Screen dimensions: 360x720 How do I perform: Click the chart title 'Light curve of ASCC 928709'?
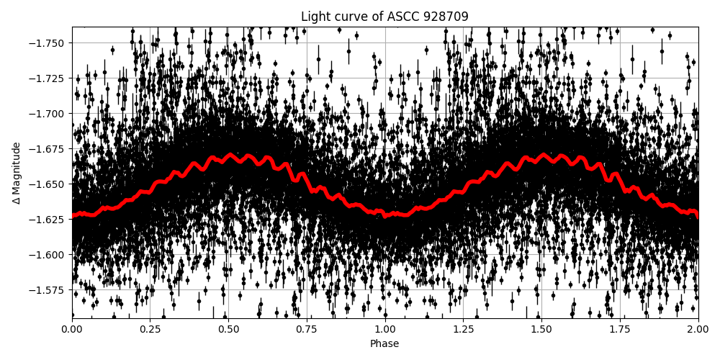pos(384,17)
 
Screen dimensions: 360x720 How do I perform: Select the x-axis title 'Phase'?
pos(384,344)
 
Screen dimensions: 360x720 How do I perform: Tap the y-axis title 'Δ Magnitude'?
pos(17,173)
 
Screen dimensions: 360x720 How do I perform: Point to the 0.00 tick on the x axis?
pos(72,329)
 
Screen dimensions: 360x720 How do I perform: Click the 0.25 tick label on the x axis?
pos(150,329)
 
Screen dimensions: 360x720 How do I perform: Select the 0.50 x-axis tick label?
pos(228,329)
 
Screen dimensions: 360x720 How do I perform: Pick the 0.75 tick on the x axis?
pos(307,329)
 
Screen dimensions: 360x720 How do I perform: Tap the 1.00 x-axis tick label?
pos(385,329)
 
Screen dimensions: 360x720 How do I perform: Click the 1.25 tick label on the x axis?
pos(463,329)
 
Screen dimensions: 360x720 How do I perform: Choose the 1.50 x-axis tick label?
pos(541,329)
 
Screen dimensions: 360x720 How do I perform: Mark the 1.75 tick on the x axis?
pos(620,329)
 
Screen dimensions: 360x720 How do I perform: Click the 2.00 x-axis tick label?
pos(698,329)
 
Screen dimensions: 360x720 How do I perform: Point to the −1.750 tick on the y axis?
pos(48,42)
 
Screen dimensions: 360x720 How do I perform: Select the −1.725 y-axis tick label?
pos(48,78)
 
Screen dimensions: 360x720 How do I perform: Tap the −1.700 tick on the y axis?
pos(48,113)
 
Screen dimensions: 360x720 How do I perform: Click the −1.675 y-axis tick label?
pos(48,148)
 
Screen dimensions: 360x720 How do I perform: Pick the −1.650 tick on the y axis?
pos(48,184)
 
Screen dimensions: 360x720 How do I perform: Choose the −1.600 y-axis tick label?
pos(48,254)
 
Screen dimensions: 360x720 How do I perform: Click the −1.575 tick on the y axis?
pos(48,289)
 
